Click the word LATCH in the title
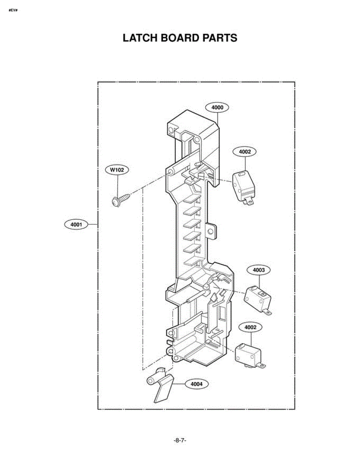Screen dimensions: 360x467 tap(140, 38)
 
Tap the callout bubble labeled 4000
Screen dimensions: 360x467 tap(217, 107)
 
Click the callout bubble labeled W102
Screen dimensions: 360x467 tap(117, 170)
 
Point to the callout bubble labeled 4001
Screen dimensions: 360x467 tap(76, 225)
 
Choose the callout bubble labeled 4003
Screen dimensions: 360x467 tap(259, 270)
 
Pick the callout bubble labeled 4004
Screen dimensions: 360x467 tap(196, 384)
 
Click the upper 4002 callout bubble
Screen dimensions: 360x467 tap(245, 152)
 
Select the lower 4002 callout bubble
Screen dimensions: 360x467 tap(250, 327)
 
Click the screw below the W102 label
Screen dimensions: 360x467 tap(121, 200)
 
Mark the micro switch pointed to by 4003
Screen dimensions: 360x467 tap(258, 300)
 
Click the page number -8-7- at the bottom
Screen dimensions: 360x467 tap(180, 441)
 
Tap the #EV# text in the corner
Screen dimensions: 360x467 tap(13, 10)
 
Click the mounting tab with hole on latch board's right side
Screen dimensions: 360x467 tap(211, 232)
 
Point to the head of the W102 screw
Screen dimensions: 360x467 tap(116, 202)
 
